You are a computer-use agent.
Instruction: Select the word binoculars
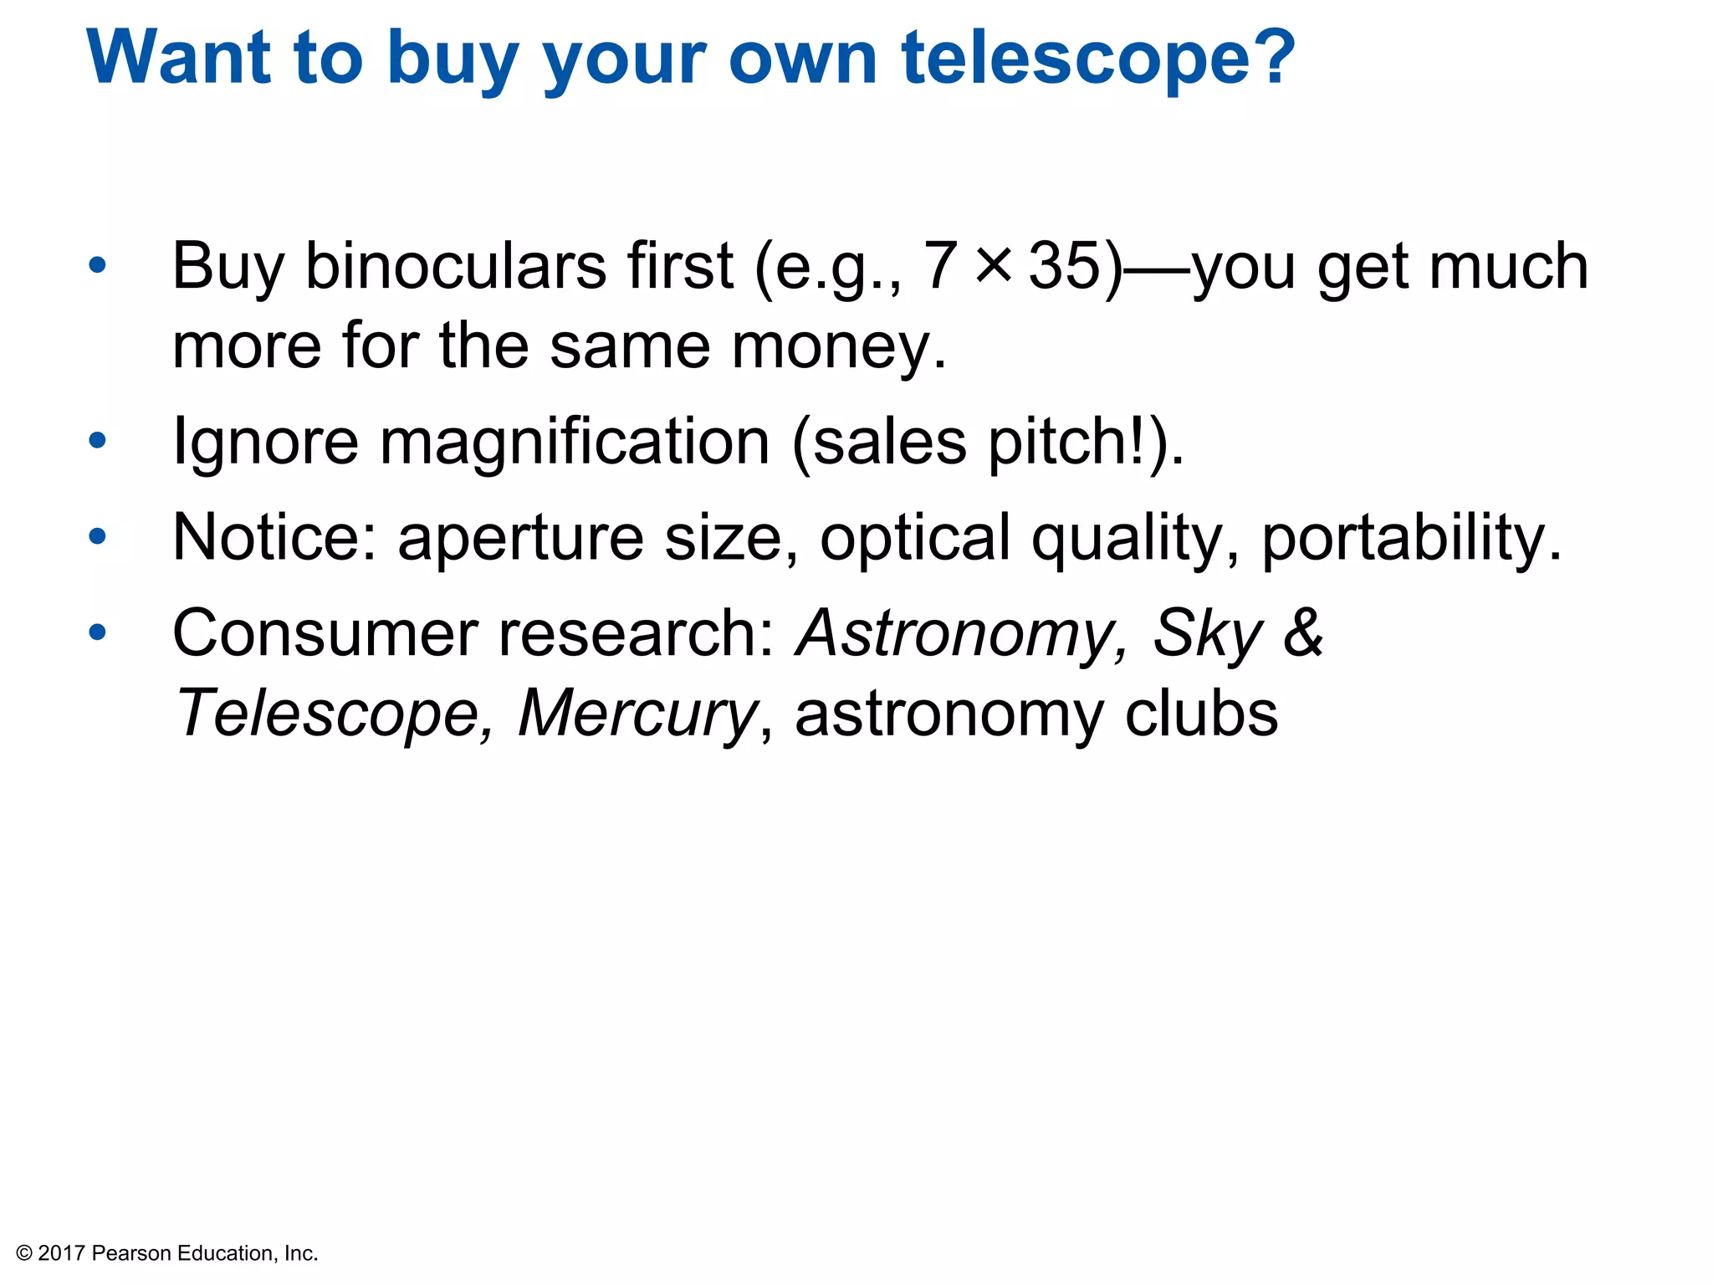(x=456, y=266)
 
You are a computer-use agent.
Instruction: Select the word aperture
(x=520, y=537)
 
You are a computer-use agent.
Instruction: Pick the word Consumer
(x=325, y=632)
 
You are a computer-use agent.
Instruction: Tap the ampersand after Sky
(x=1303, y=632)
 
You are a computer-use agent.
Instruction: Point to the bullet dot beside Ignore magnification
(x=98, y=441)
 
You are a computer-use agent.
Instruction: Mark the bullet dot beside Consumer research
(x=98, y=632)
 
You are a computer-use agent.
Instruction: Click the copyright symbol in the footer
(x=23, y=1253)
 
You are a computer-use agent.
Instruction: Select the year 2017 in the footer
(x=62, y=1253)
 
